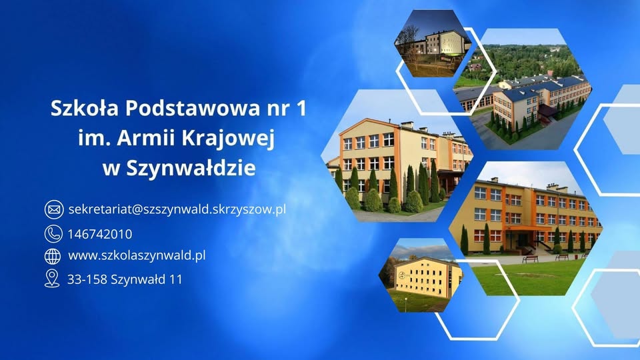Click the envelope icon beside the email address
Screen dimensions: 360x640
53,209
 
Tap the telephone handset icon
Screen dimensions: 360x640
53,233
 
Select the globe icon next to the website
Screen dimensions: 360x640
53,255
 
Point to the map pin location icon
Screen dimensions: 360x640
52,279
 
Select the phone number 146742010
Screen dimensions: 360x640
100,234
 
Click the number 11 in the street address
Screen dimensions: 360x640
175,279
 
